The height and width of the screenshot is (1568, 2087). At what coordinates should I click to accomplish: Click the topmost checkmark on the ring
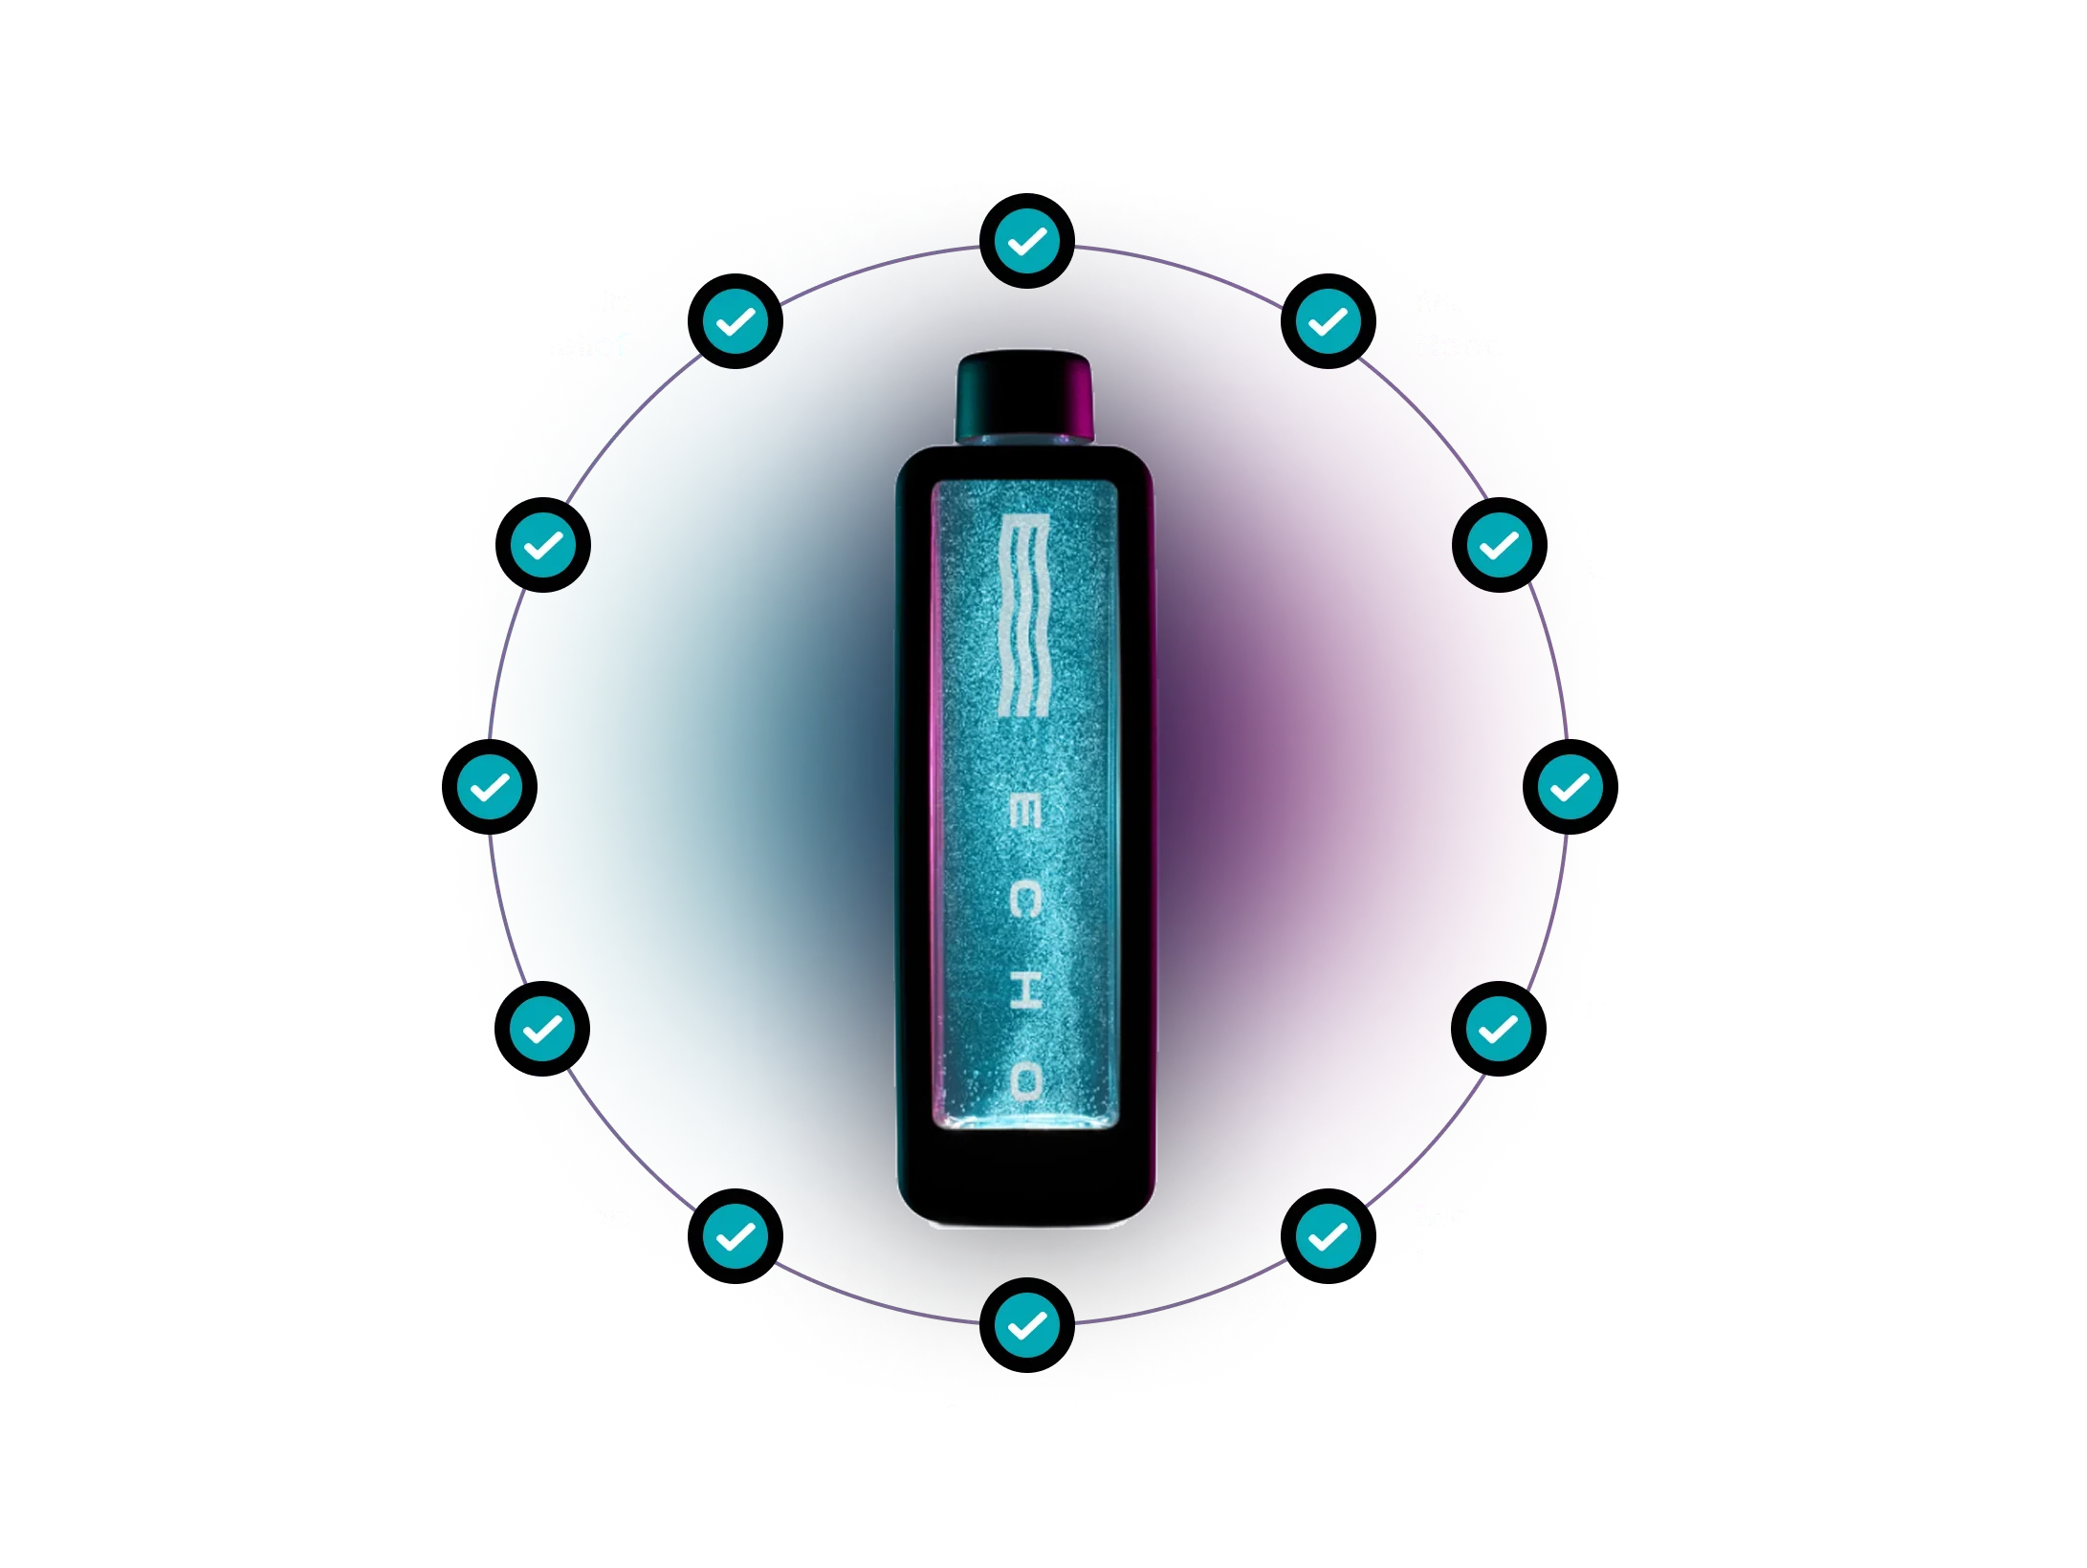coord(1026,242)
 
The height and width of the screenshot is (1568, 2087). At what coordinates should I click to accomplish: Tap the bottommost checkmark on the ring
coord(1026,1325)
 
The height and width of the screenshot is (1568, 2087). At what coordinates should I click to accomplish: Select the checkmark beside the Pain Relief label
coord(735,322)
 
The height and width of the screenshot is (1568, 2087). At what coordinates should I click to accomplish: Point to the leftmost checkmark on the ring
coord(494,787)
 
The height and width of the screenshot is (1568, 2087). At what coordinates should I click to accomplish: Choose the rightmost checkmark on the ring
coord(1569,787)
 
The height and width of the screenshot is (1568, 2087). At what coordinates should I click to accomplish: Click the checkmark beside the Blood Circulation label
coord(735,1236)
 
